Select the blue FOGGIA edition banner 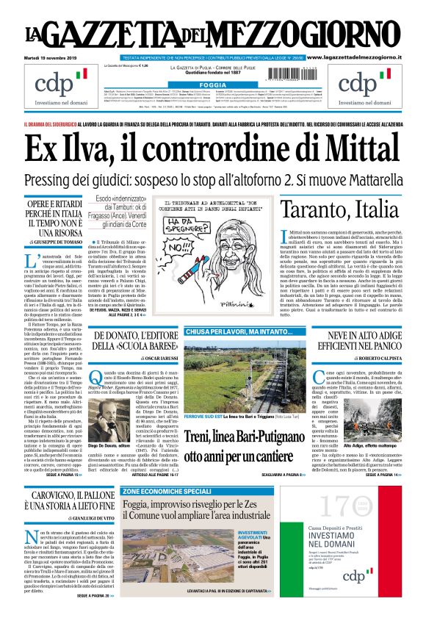coord(212,85)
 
